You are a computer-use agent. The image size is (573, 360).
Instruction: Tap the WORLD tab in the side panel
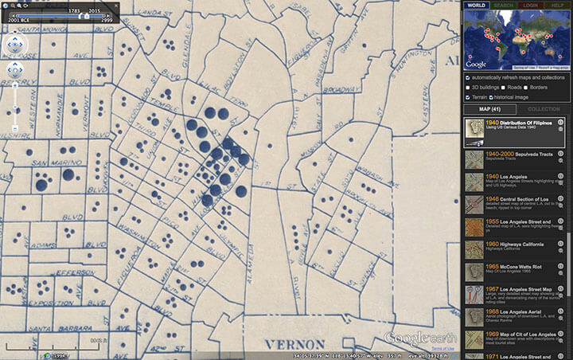(476, 6)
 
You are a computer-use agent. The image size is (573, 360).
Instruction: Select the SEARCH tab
(503, 6)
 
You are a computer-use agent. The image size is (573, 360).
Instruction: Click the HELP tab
(557, 6)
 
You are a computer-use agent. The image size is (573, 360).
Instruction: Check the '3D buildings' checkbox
(467, 87)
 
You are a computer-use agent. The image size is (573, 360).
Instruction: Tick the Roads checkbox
(503, 87)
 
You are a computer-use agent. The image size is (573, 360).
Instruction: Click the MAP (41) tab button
(489, 109)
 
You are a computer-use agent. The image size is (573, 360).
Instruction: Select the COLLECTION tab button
(544, 109)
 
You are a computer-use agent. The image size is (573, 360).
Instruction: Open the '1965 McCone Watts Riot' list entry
(513, 268)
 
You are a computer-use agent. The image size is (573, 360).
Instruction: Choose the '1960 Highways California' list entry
(513, 247)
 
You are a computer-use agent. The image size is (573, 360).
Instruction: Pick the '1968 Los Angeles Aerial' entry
(513, 312)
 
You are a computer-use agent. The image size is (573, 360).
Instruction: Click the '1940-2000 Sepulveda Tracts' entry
(513, 158)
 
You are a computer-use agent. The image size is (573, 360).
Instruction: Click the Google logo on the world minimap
(476, 64)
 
